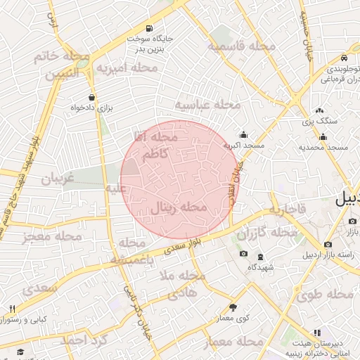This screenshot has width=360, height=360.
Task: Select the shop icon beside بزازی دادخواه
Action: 91,98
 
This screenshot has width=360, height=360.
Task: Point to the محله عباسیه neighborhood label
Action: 207,104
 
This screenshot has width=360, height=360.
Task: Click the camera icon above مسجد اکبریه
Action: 243,134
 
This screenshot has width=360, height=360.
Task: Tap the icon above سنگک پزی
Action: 319,110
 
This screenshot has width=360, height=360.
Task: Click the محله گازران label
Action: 266,233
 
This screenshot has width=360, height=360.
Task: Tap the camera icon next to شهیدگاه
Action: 243,254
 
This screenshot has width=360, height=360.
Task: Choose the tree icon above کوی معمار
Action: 233,307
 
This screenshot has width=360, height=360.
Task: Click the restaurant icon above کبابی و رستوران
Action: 12,309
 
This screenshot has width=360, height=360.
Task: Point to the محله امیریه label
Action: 127,68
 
